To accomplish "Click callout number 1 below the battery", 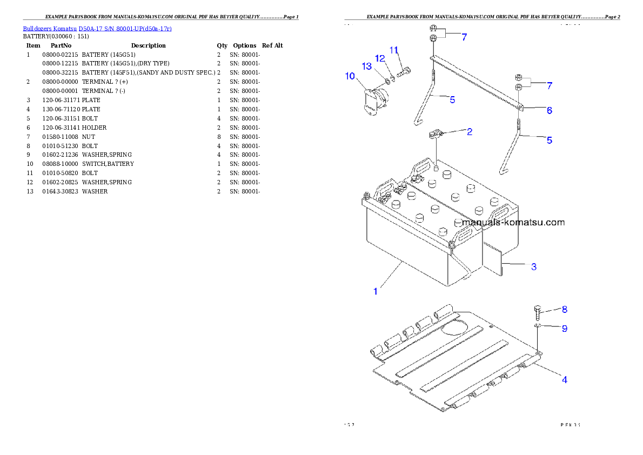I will tap(376, 291).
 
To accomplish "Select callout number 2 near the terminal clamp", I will tap(470, 131).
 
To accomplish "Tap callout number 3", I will tap(533, 266).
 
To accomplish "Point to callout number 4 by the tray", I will tap(564, 379).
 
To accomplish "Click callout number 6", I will tap(549, 110).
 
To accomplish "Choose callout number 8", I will tap(564, 310).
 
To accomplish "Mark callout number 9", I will tap(564, 328).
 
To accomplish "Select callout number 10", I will tap(350, 76).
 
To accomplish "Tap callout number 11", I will tap(394, 50).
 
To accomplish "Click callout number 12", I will tap(380, 58).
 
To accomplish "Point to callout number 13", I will tap(367, 66).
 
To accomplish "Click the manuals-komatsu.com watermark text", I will tap(513, 222).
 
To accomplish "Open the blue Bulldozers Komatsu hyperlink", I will tap(97, 28).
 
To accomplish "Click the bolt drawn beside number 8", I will tap(538, 312).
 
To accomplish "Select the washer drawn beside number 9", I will tap(538, 326).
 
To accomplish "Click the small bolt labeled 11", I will tap(404, 71).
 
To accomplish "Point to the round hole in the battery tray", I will tap(455, 326).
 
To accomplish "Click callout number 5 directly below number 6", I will tap(549, 140).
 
